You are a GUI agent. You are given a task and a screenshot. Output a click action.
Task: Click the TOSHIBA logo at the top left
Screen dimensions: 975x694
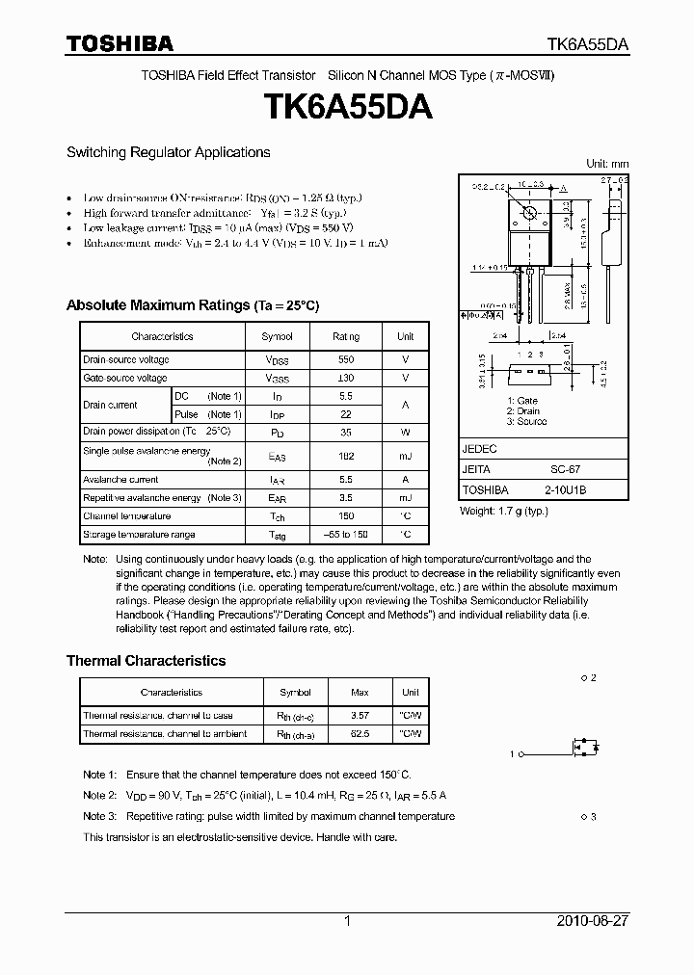coord(120,43)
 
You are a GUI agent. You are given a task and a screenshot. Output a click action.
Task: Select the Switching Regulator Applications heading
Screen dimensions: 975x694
coord(168,152)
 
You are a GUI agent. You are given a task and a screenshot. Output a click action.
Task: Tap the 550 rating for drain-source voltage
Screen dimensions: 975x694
coord(345,359)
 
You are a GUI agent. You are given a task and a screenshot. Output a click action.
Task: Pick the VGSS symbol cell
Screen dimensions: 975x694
coord(277,379)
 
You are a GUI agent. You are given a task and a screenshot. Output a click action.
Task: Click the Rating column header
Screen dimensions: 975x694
coord(345,336)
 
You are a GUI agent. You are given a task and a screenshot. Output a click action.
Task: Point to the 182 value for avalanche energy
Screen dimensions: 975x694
coord(345,456)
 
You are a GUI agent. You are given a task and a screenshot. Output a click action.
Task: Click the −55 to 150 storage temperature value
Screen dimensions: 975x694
coord(345,534)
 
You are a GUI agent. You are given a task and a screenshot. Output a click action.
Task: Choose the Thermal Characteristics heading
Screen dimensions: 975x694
coord(146,661)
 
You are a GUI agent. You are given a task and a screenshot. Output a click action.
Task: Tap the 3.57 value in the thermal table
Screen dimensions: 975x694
coord(360,716)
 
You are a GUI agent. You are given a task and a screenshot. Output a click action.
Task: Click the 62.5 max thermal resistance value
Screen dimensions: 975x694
coord(360,734)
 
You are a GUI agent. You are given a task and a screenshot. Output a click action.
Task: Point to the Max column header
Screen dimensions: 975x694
coord(360,692)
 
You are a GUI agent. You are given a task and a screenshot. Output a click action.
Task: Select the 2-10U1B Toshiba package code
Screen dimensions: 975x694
coord(566,490)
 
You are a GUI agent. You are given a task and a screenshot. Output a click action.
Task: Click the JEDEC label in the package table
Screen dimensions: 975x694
coord(479,449)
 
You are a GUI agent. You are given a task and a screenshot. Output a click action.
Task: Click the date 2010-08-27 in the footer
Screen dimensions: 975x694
coord(593,921)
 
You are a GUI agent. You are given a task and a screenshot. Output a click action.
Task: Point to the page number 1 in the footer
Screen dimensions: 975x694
coord(347,921)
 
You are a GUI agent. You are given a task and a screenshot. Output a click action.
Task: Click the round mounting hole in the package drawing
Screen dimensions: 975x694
coord(529,212)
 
